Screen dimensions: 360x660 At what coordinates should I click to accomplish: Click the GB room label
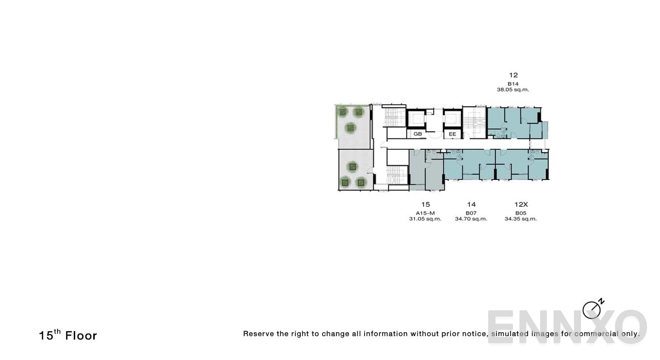[417, 134]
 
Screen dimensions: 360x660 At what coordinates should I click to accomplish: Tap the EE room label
[452, 134]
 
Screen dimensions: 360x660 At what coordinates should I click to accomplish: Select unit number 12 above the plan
[513, 75]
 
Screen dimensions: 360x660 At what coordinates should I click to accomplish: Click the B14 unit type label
[513, 84]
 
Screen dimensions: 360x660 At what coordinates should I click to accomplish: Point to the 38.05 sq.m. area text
[513, 90]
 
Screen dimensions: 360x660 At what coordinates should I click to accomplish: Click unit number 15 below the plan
[425, 204]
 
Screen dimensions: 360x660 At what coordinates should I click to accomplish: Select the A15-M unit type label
[425, 213]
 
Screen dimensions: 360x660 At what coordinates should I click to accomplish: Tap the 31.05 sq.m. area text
[425, 219]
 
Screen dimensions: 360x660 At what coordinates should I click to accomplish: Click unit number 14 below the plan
[471, 204]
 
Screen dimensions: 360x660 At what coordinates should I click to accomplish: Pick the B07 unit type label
[471, 213]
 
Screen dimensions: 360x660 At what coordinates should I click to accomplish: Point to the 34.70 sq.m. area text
[471, 219]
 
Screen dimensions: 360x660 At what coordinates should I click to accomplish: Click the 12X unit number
[520, 204]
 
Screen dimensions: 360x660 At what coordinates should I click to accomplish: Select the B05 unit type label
[520, 213]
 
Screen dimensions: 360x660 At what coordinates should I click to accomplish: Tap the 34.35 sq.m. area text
[520, 219]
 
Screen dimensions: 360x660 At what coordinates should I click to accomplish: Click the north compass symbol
[592, 309]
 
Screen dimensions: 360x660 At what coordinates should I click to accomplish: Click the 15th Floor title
[68, 335]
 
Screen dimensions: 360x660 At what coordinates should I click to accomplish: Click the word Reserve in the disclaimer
[258, 334]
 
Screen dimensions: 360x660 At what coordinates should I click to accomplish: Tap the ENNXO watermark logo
[567, 327]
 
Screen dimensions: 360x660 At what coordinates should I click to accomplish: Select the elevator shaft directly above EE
[452, 119]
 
